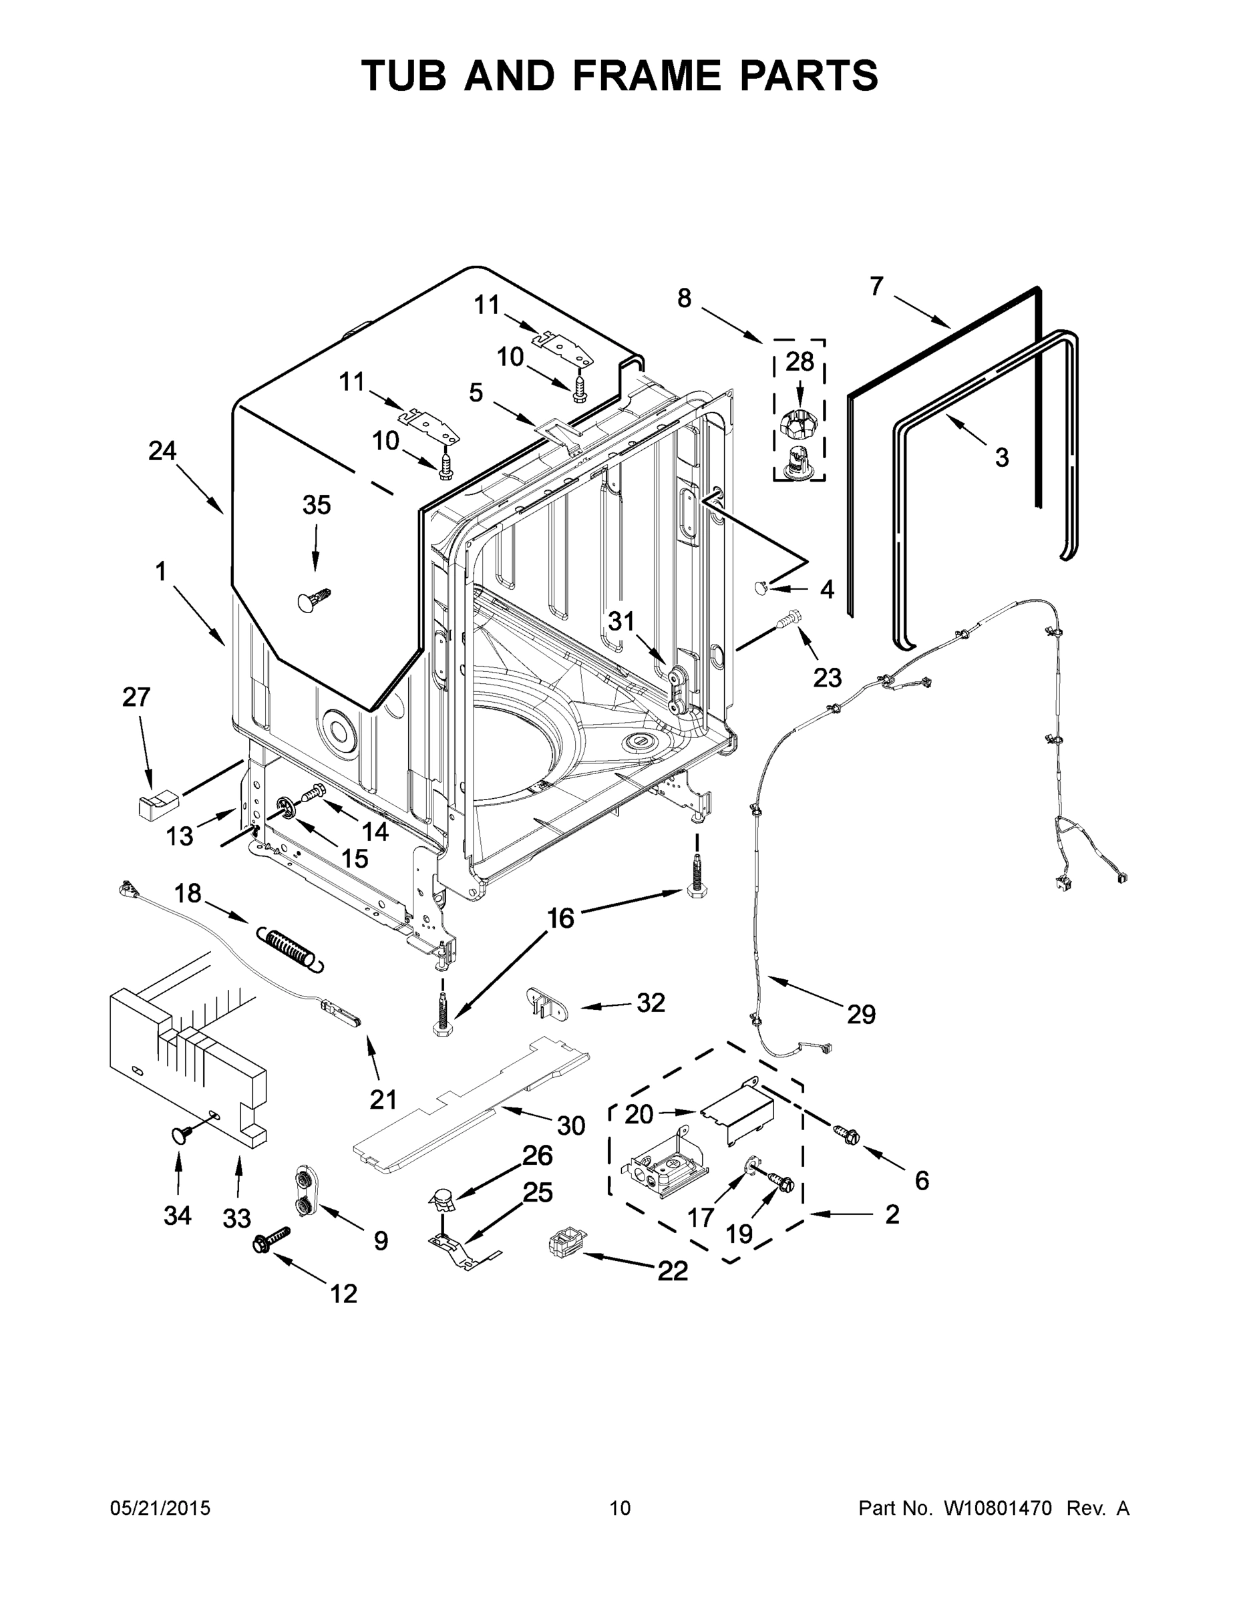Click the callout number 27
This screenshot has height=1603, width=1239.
tap(136, 697)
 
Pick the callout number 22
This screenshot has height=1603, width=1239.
tap(672, 1270)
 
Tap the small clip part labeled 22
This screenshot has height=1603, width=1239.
tap(564, 1245)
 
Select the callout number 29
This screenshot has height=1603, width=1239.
tap(861, 1015)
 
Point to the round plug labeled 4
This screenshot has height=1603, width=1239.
tap(761, 586)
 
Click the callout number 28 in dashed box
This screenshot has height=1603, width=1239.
tap(800, 361)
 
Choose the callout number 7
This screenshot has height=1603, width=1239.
tap(876, 287)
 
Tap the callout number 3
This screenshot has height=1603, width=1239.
tap(1001, 458)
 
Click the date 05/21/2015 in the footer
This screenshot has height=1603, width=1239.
tap(160, 1508)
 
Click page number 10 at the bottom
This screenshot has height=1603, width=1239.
tap(621, 1508)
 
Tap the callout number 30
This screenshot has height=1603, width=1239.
tap(571, 1125)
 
